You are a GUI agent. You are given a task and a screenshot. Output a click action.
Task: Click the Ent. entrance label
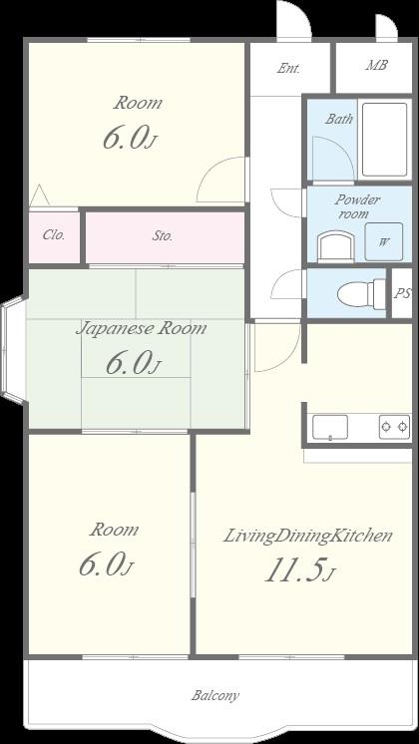(288, 69)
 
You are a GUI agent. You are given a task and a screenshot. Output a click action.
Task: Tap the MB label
(376, 65)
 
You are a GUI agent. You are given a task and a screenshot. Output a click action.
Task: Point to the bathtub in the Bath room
(384, 139)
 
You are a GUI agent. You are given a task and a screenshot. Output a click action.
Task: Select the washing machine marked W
(384, 242)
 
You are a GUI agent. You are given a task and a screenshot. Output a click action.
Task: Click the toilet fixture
(361, 294)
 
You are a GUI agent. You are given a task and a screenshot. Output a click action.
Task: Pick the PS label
(402, 293)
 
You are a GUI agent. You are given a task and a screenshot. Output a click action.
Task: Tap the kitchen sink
(330, 427)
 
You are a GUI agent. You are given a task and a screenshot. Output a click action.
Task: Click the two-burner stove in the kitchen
(394, 427)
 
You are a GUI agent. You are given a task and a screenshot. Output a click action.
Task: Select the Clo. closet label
(54, 235)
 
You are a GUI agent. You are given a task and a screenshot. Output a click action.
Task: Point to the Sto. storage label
(163, 235)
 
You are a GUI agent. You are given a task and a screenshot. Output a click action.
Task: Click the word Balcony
(214, 695)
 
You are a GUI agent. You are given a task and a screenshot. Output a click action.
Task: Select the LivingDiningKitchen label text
(308, 536)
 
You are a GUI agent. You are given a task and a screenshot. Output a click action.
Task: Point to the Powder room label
(357, 206)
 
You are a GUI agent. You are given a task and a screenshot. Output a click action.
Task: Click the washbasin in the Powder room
(336, 245)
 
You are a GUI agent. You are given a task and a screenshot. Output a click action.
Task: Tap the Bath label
(339, 119)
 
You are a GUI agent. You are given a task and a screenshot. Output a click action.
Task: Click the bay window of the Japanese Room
(12, 350)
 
